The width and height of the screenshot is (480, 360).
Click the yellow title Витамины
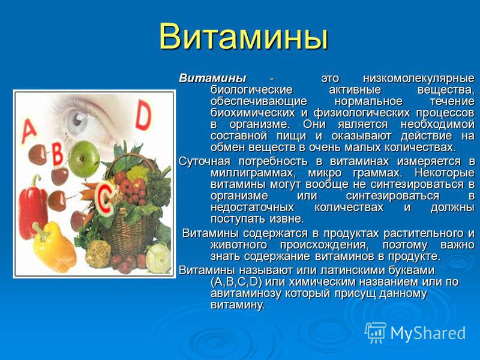[244, 37]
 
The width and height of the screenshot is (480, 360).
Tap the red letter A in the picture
[29, 131]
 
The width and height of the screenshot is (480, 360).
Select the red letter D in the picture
[143, 115]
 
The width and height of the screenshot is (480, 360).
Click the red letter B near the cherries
[57, 154]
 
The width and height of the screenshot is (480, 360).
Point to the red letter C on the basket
[104, 199]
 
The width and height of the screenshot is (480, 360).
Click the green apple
[84, 159]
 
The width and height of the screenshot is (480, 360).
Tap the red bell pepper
[33, 207]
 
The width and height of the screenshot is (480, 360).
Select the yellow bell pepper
[54, 247]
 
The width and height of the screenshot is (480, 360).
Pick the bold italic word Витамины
[212, 79]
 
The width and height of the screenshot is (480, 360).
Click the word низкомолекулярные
[419, 79]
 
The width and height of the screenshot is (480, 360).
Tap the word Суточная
[204, 161]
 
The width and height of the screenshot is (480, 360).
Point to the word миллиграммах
[253, 173]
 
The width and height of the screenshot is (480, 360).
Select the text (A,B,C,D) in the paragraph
[236, 282]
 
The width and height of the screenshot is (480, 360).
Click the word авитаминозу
[246, 293]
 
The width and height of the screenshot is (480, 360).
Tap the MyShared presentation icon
[376, 333]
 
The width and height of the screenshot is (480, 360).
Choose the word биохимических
[253, 113]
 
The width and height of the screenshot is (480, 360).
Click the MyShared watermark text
[428, 333]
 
